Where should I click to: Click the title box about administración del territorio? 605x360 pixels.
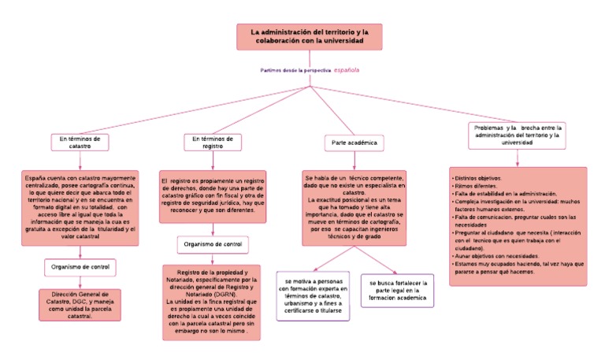(309, 36)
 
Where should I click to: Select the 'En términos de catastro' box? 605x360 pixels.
(80, 142)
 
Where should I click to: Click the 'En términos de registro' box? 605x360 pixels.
(213, 142)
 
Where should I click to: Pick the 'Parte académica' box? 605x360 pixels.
(353, 143)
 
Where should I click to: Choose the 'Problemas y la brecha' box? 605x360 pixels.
(517, 134)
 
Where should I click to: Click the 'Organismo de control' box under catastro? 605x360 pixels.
(80, 266)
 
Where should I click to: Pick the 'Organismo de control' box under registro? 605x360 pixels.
(213, 244)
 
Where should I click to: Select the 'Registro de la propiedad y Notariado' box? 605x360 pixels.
(212, 302)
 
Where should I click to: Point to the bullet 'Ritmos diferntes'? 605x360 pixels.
(474, 186)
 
